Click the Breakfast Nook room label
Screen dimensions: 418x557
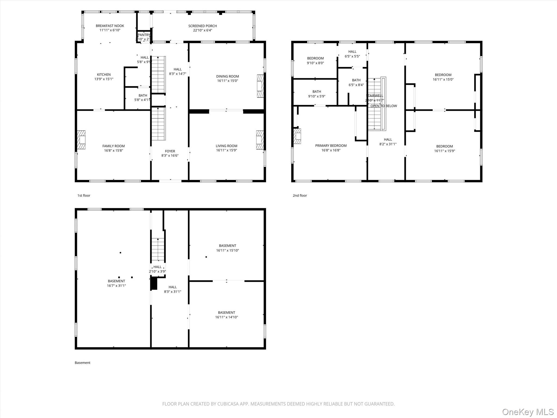pyautogui.click(x=110, y=26)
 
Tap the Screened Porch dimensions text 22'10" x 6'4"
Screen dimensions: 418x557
pyautogui.click(x=202, y=30)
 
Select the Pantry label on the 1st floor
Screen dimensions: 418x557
pyautogui.click(x=144, y=35)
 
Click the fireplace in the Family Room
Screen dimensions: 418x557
pyautogui.click(x=81, y=140)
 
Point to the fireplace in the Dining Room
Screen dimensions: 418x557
pyautogui.click(x=260, y=86)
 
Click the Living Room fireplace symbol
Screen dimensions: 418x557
pyautogui.click(x=260, y=140)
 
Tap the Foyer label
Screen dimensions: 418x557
pyautogui.click(x=170, y=151)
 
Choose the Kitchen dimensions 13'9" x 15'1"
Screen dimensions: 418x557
pyautogui.click(x=104, y=79)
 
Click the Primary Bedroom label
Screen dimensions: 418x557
pyautogui.click(x=331, y=146)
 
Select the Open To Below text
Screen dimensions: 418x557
pyautogui.click(x=383, y=106)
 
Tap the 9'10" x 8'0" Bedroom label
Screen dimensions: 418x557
pyautogui.click(x=315, y=58)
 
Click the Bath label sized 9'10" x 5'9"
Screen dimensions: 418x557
pyautogui.click(x=317, y=92)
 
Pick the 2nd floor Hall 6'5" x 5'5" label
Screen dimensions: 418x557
pyautogui.click(x=352, y=51)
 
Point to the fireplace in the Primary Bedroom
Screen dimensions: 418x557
pyautogui.click(x=297, y=136)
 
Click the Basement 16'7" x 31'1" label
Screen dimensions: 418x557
pyautogui.click(x=116, y=281)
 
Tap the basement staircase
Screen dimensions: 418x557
pyautogui.click(x=158, y=249)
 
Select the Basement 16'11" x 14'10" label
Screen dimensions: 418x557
pyautogui.click(x=227, y=312)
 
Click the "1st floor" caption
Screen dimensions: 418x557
pyautogui.click(x=84, y=195)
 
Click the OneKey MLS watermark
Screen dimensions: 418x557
pyautogui.click(x=528, y=412)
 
